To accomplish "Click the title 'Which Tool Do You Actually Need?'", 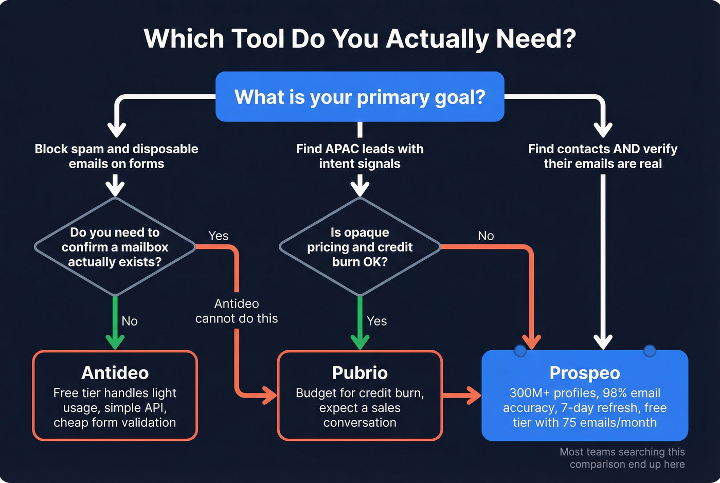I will click(359, 39).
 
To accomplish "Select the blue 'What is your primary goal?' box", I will click(359, 97).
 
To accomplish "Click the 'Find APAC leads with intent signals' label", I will click(359, 156).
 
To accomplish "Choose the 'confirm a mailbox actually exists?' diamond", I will click(115, 247).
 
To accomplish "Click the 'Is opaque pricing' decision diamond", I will click(359, 247).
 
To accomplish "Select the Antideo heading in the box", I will click(115, 372).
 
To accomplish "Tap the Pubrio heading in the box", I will click(359, 372).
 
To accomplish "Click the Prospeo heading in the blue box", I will click(585, 372).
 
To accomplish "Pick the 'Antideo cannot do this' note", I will click(237, 311).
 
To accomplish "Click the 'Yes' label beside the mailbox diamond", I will click(218, 236).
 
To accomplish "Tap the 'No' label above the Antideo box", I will click(130, 321).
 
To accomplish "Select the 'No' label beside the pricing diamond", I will click(485, 236).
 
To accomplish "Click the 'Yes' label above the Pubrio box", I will click(376, 321).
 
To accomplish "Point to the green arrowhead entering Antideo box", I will click(115, 342).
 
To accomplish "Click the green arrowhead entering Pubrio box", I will click(359, 342).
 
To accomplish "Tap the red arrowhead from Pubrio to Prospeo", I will click(473, 396).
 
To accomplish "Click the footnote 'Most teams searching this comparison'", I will click(622, 458).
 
